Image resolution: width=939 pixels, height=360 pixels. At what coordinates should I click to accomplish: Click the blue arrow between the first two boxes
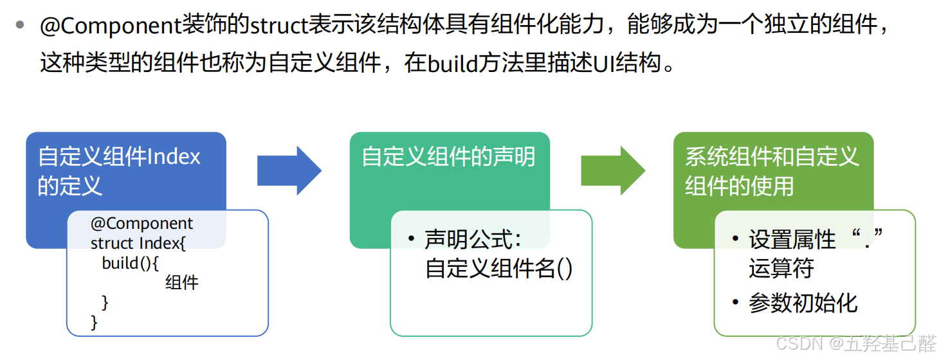[x=289, y=170]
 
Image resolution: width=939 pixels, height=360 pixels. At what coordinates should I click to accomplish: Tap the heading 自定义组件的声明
[x=448, y=157]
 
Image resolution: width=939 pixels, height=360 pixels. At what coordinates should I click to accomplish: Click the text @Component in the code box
[x=141, y=224]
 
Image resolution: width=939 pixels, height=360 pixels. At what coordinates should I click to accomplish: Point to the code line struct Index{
[x=138, y=244]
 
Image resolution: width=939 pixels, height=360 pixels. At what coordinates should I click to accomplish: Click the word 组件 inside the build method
[x=182, y=282]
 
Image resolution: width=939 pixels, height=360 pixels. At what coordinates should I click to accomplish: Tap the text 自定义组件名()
[x=498, y=267]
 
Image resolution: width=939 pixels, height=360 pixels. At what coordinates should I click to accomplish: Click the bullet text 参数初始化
[x=803, y=303]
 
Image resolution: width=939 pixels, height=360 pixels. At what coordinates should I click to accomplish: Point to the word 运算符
[x=781, y=268]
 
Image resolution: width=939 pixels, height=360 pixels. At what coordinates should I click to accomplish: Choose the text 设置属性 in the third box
[x=792, y=240]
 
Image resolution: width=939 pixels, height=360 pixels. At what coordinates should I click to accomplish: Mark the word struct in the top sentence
[x=278, y=26]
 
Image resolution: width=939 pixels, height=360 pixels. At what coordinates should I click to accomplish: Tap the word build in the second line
[x=453, y=64]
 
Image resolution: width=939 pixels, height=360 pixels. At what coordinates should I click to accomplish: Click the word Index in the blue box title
[x=174, y=157]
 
